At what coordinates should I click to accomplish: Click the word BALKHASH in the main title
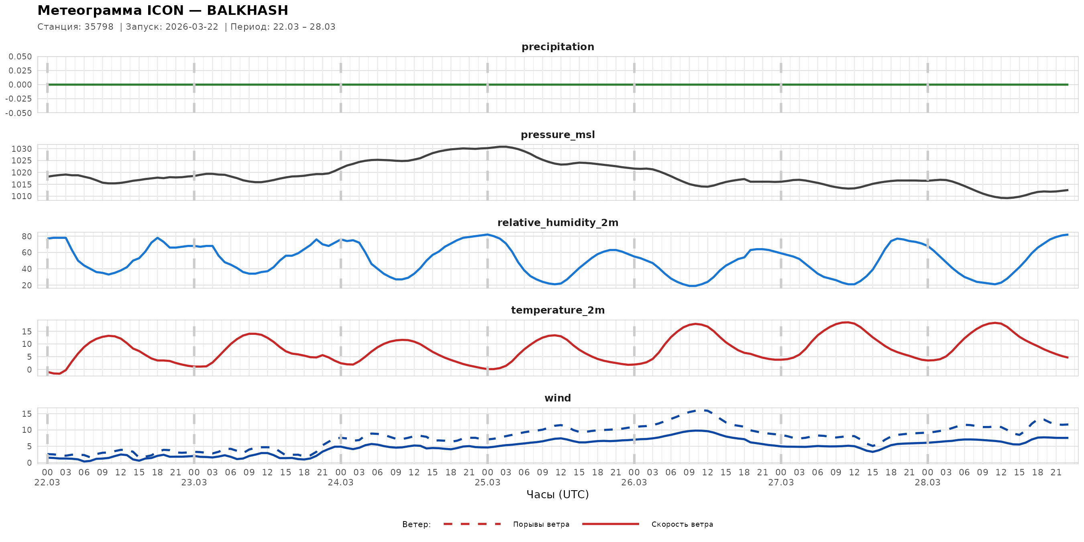point(247,10)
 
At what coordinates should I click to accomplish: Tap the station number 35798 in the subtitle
point(99,27)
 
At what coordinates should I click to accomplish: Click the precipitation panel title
point(558,47)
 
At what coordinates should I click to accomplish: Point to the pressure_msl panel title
point(558,134)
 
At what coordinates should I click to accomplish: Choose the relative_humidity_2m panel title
point(558,222)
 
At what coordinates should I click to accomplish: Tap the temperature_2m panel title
point(558,310)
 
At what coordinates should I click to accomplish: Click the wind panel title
point(558,398)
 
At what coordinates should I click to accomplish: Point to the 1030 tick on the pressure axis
point(21,149)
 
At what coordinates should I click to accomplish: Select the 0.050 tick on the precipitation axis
point(20,56)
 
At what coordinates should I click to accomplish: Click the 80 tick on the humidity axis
point(26,236)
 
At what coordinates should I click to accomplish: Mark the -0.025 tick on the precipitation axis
point(18,99)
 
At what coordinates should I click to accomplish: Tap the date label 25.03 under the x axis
point(487,483)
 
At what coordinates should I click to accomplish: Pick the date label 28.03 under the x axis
point(927,483)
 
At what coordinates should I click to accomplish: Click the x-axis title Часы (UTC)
point(558,495)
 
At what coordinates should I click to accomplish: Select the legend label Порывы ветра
point(541,524)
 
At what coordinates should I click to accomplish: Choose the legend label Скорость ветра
point(682,524)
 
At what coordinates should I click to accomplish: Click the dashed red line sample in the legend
point(472,524)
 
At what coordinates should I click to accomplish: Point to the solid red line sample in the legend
point(611,524)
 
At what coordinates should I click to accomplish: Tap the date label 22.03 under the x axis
point(47,483)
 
